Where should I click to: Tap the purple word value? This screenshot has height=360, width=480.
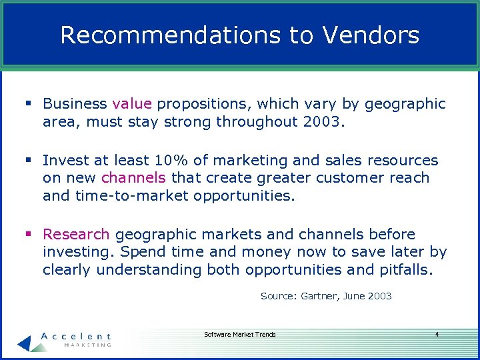(133, 104)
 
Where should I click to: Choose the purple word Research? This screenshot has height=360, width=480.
(76, 235)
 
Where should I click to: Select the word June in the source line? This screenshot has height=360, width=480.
(355, 296)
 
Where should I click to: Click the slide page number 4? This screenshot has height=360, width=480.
(437, 335)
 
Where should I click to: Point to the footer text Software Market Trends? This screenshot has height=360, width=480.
(239, 335)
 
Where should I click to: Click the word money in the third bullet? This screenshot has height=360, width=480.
(266, 253)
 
